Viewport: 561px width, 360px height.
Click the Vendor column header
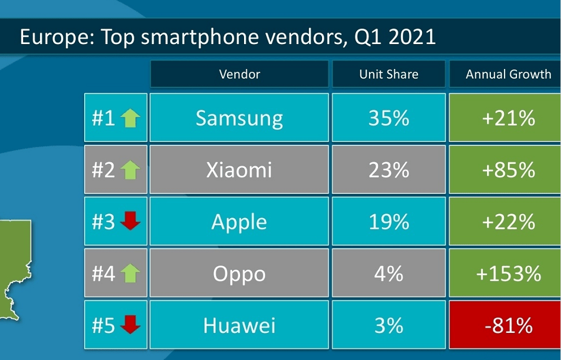pyautogui.click(x=240, y=74)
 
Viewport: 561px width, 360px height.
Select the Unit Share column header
pyautogui.click(x=389, y=74)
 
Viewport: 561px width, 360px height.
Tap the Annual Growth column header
pyautogui.click(x=508, y=74)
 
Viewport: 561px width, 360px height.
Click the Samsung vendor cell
pyautogui.click(x=240, y=118)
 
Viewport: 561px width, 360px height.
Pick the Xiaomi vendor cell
pyautogui.click(x=240, y=170)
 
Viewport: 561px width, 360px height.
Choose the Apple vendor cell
pyautogui.click(x=240, y=222)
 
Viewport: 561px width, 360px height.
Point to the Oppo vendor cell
pyautogui.click(x=240, y=274)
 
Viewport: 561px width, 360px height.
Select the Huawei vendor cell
pyautogui.click(x=240, y=326)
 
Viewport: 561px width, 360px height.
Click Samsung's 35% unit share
pyautogui.click(x=389, y=118)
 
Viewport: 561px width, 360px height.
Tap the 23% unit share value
pyautogui.click(x=389, y=170)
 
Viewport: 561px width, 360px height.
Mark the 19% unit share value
pyautogui.click(x=389, y=222)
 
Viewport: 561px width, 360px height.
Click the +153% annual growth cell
pyautogui.click(x=508, y=274)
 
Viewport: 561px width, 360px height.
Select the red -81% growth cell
pyautogui.click(x=508, y=326)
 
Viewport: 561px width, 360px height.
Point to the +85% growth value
pyautogui.click(x=508, y=170)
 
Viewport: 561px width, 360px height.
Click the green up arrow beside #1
pyautogui.click(x=131, y=118)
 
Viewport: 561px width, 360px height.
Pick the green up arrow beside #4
pyautogui.click(x=131, y=274)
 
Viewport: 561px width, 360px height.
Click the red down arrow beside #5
pyautogui.click(x=131, y=326)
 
